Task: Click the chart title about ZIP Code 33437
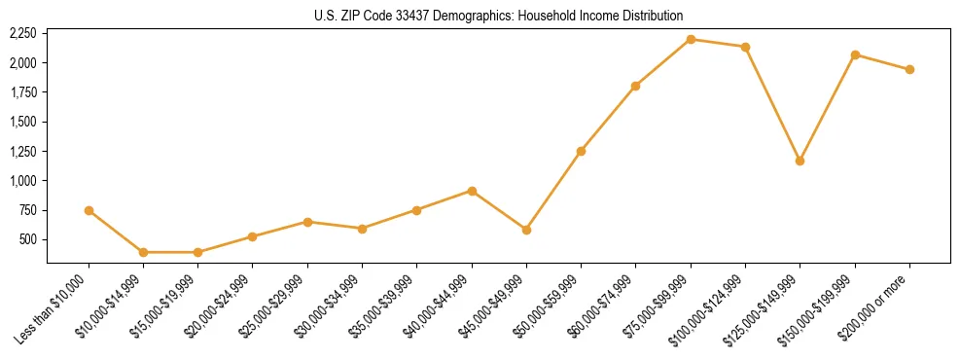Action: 498,16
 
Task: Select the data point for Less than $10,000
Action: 89,210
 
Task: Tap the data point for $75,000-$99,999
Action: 691,39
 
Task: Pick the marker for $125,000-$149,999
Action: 800,161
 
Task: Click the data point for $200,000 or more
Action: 909,69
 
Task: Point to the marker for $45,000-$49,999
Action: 526,230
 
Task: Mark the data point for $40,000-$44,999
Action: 472,191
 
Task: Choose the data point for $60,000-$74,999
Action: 635,86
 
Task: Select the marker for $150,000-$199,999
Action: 855,54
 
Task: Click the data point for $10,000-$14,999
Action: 143,252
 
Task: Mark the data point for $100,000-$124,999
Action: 745,47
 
